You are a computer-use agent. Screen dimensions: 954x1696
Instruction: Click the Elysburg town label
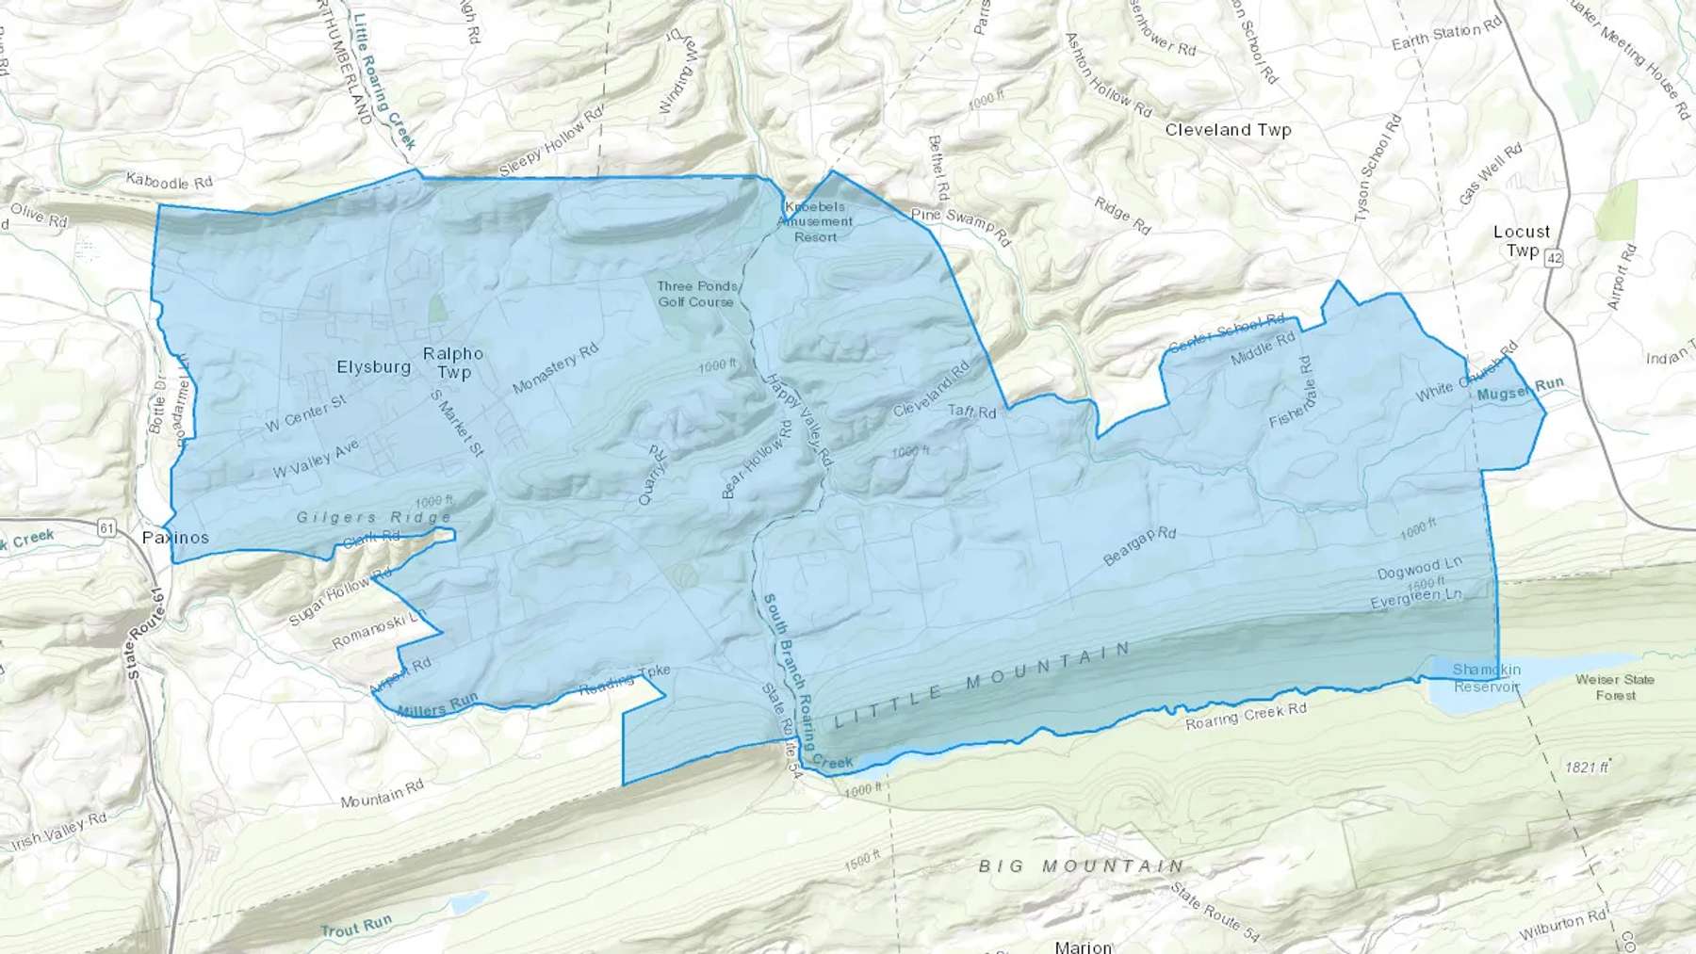click(x=373, y=366)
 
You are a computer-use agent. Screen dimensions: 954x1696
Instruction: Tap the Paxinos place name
click(x=175, y=537)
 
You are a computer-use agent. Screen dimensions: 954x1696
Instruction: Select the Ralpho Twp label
click(x=453, y=363)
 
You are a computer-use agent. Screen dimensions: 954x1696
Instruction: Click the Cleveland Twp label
click(x=1228, y=130)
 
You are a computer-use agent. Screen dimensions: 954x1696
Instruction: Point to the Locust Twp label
click(x=1522, y=240)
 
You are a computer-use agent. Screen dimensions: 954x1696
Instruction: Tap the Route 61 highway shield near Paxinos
click(x=106, y=528)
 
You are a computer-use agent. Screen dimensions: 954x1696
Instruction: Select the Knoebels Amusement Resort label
click(x=815, y=221)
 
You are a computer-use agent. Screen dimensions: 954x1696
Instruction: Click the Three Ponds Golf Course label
click(x=696, y=294)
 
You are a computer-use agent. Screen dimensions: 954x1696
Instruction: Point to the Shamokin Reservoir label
click(x=1486, y=678)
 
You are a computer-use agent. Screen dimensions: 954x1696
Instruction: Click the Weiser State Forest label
click(x=1615, y=687)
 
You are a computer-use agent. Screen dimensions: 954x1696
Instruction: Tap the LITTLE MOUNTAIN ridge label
click(x=982, y=685)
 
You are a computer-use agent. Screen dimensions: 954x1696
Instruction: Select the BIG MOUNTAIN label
click(x=1081, y=865)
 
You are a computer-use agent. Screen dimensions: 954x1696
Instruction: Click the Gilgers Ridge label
click(x=374, y=517)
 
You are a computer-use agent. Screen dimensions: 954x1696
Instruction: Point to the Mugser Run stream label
click(x=1520, y=389)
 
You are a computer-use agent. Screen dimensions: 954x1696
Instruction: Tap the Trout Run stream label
click(x=355, y=928)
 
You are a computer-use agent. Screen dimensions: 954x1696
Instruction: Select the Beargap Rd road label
click(x=1139, y=546)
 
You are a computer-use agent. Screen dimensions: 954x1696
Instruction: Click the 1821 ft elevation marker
click(x=1587, y=767)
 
